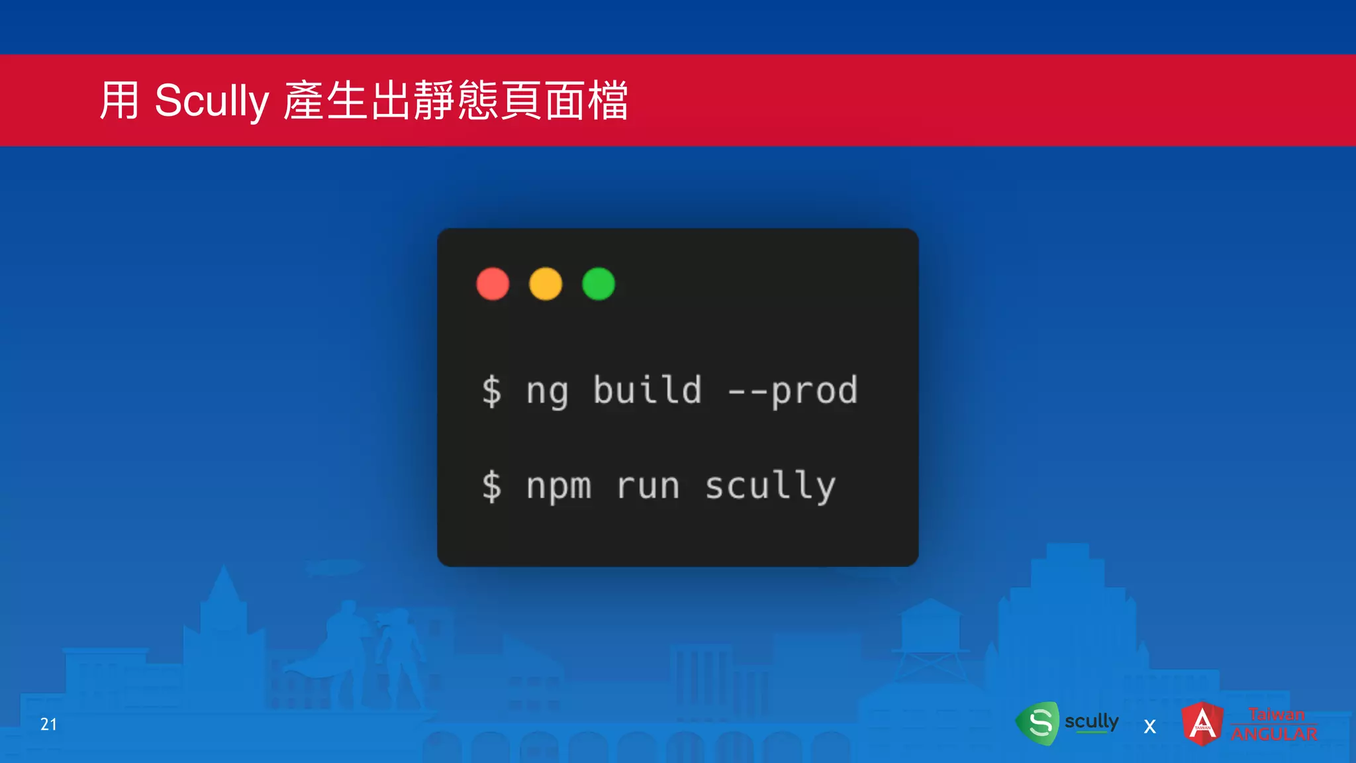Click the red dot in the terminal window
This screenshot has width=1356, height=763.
493,284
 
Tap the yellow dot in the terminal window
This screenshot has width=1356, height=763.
546,284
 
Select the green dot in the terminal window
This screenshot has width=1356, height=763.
599,284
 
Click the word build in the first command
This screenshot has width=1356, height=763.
647,389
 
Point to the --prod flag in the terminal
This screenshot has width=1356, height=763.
793,391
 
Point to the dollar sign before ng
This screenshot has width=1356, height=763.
491,391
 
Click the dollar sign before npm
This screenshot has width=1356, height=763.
491,486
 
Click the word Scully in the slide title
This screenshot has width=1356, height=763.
211,101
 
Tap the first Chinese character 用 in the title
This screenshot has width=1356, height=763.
120,101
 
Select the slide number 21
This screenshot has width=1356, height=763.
48,724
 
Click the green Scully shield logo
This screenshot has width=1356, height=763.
1038,723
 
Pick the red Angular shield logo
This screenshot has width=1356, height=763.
1202,723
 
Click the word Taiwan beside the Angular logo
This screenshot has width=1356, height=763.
1276,714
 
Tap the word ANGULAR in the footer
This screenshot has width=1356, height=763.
1274,734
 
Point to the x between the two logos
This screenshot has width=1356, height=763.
1150,727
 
